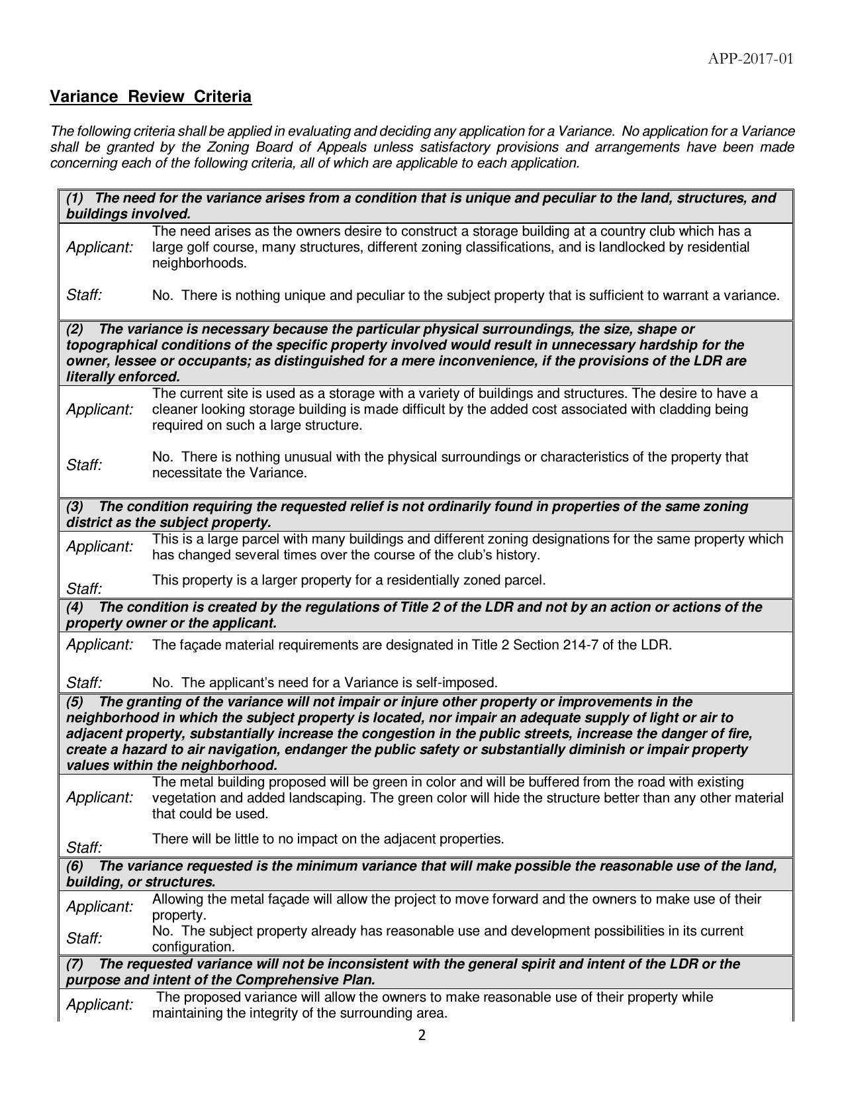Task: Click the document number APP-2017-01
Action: pos(750,60)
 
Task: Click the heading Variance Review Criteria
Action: pos(151,97)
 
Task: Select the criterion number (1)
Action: pos(75,198)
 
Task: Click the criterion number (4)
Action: pos(75,607)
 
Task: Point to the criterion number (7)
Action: pos(75,964)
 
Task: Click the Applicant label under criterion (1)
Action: pos(99,248)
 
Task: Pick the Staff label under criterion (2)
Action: pos(84,465)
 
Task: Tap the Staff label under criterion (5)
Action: pos(84,847)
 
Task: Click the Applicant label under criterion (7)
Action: pos(99,1005)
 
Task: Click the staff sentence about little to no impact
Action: pos(328,839)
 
